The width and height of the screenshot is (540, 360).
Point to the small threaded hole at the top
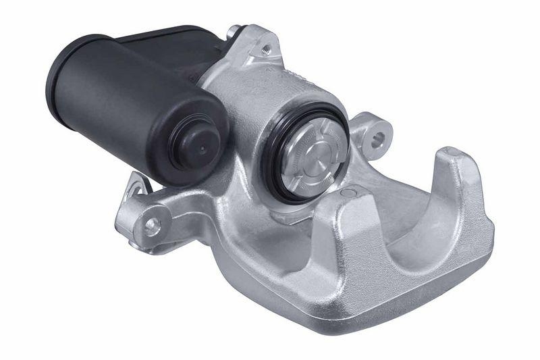tap(267, 49)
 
